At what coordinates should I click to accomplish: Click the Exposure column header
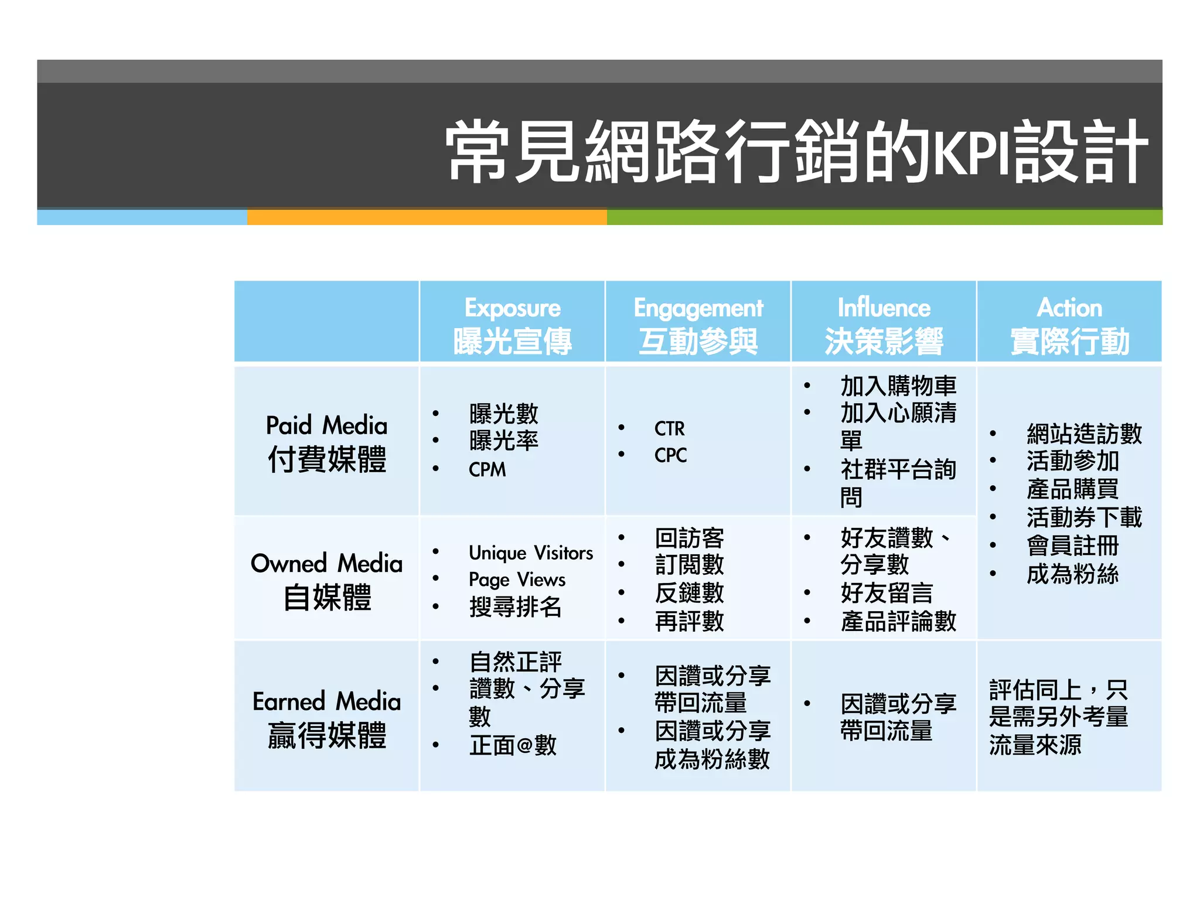[x=512, y=324]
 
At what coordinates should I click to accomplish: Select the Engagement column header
[x=698, y=324]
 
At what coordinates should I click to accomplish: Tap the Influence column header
[x=884, y=324]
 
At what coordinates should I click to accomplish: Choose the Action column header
[x=1069, y=324]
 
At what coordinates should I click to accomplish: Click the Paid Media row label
[x=326, y=442]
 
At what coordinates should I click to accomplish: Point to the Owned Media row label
[x=326, y=580]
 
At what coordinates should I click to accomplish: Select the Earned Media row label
[x=326, y=718]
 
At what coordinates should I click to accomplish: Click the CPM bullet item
[x=487, y=470]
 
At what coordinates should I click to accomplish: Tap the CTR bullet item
[x=669, y=429]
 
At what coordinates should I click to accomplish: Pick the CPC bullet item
[x=670, y=455]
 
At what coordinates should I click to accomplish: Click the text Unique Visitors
[x=530, y=553]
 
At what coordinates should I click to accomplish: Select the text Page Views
[x=517, y=579]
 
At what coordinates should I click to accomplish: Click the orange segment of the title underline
[x=427, y=217]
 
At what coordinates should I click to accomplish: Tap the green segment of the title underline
[x=884, y=217]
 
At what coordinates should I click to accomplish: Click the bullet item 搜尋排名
[x=515, y=607]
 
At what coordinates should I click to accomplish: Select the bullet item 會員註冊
[x=1072, y=546]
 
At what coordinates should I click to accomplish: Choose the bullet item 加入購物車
[x=898, y=386]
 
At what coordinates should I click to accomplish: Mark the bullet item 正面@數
[x=513, y=745]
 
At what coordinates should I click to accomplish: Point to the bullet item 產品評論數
[x=898, y=621]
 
